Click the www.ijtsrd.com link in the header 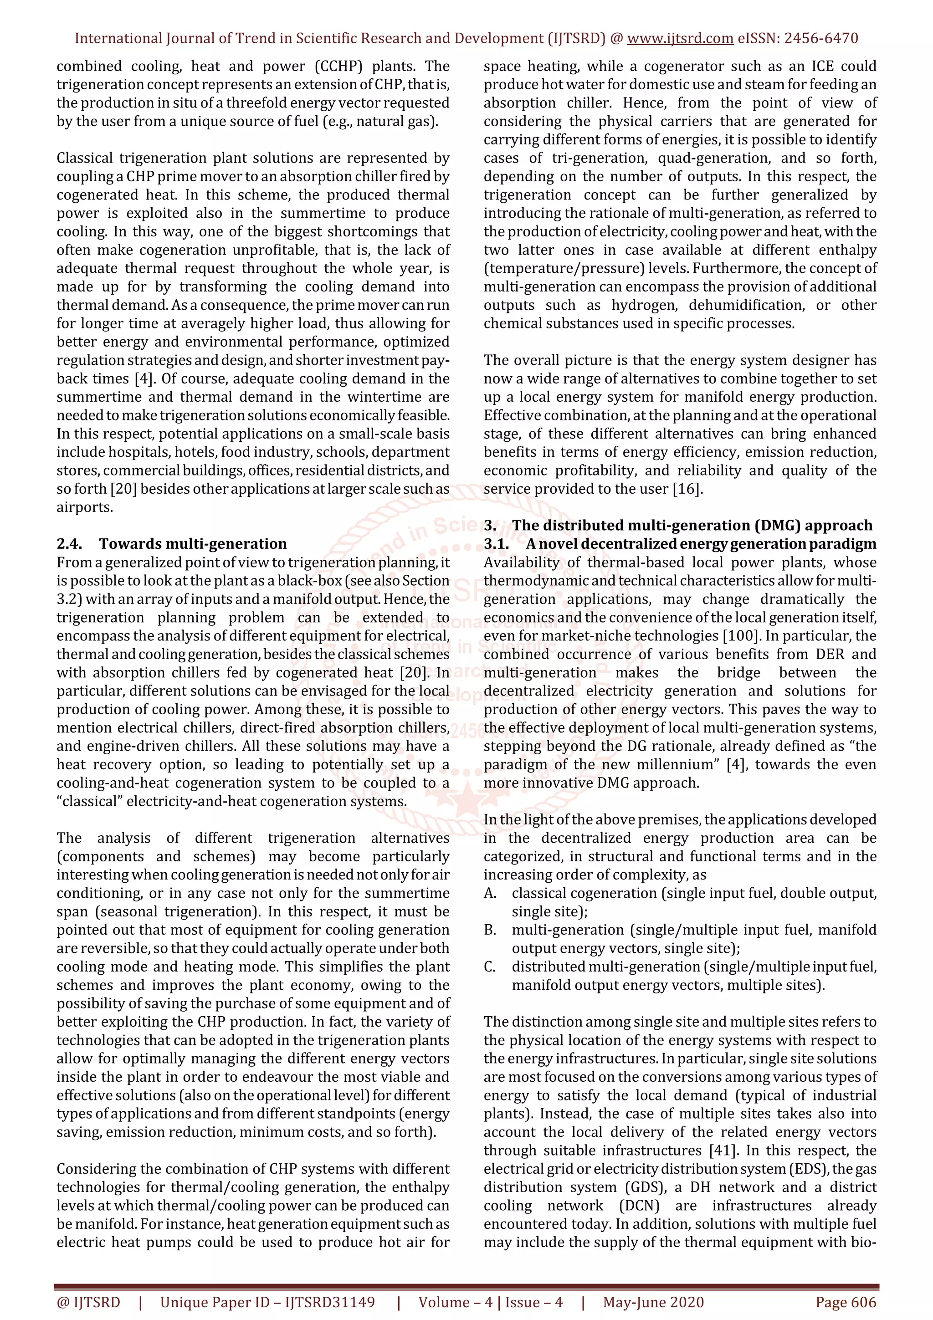click(680, 39)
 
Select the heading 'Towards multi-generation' click(193, 544)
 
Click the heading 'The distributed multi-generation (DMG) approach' click(692, 526)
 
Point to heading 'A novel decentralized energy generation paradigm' click(701, 544)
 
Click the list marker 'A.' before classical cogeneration click(490, 893)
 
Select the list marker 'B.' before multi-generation click(490, 930)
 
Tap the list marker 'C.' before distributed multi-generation click(490, 967)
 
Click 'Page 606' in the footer click(846, 1302)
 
